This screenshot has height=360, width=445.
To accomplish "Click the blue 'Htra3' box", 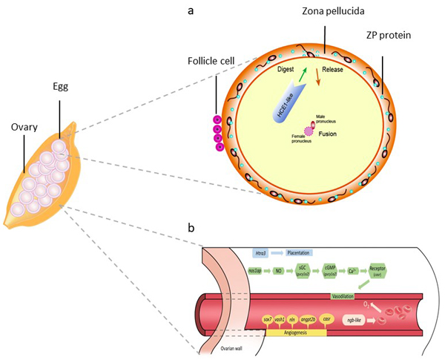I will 260,252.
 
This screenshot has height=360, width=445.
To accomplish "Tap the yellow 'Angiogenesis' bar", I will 294,330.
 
